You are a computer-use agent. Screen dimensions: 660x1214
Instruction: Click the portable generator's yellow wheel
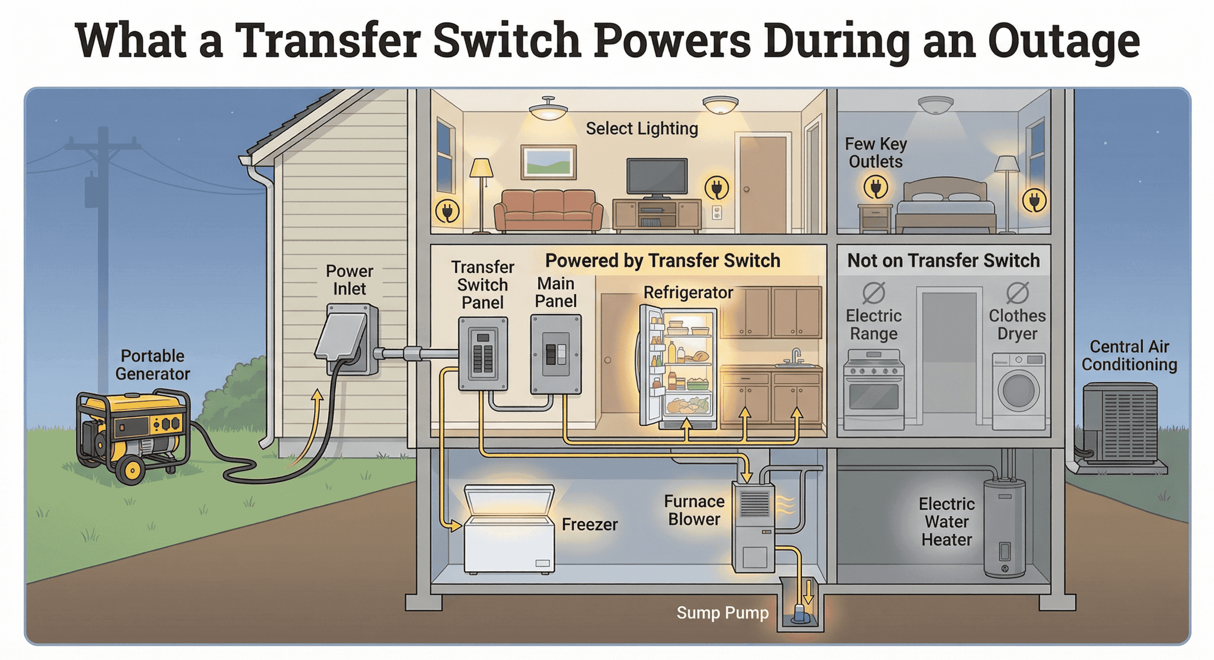coord(131,469)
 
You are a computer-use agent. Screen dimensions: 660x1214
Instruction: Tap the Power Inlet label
coord(349,280)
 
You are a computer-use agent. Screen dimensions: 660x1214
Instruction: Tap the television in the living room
coord(657,177)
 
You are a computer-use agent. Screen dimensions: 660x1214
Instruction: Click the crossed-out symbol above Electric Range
coord(874,293)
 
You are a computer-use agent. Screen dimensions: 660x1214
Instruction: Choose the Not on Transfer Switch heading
coord(944,261)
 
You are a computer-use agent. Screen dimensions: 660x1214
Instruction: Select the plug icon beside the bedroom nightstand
coord(876,188)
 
